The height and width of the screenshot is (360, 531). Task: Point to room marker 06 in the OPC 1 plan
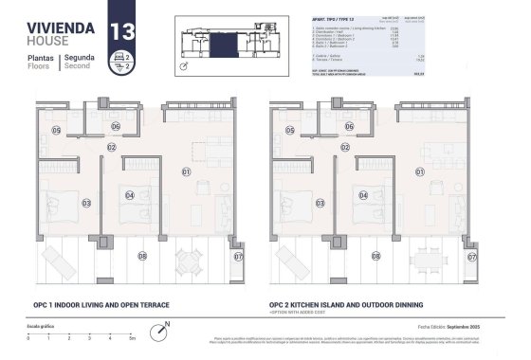click(114, 126)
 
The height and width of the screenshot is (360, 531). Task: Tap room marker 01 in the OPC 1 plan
click(186, 171)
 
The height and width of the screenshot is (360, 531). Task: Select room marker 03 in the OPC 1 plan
click(85, 203)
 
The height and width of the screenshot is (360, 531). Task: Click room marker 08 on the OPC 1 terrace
click(142, 255)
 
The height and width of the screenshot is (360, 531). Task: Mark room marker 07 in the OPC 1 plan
click(239, 256)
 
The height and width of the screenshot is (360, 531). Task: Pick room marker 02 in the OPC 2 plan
click(345, 147)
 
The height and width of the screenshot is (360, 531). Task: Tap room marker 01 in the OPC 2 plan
click(419, 171)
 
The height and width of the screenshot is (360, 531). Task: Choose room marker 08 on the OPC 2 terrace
click(376, 255)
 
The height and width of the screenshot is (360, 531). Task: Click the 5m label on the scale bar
click(133, 338)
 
